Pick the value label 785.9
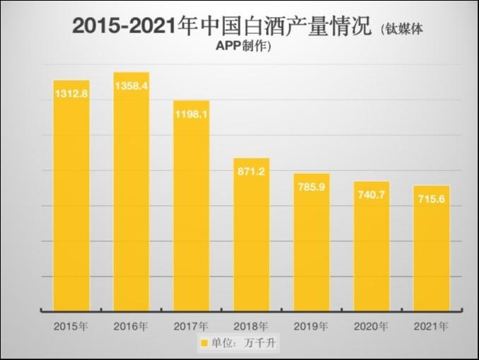coord(311,187)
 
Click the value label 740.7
coord(371,194)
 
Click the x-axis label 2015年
coord(71,327)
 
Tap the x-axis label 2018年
coord(251,327)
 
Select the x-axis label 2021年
coord(432,327)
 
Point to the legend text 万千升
coord(259,344)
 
